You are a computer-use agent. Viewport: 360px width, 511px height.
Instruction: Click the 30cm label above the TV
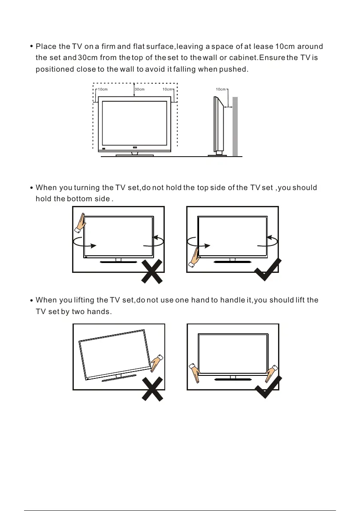pos(139,89)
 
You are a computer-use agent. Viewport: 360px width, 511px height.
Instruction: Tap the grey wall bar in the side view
pos(235,127)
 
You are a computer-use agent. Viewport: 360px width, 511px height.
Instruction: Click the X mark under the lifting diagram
pos(152,389)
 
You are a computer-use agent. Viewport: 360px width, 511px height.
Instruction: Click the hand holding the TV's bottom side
pos(195,256)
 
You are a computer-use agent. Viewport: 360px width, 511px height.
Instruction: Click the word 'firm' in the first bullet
pos(111,46)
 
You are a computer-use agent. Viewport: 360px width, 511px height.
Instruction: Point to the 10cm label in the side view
pos(221,89)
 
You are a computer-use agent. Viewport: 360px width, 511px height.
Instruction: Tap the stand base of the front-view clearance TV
pos(135,155)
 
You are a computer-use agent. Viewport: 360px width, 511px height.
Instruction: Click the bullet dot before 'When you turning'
pos(32,188)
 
